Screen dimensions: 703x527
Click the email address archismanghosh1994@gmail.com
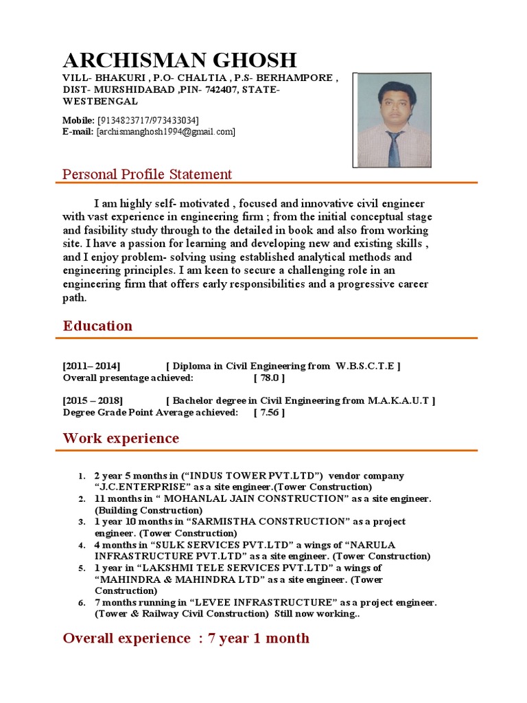click(167, 131)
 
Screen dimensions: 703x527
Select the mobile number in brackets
click(148, 121)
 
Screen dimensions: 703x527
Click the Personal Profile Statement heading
click(147, 174)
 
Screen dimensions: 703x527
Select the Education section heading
click(97, 326)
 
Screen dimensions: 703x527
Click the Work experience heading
click(121, 438)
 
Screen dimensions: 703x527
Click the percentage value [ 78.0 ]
click(269, 378)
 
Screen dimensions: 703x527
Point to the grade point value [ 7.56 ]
click(269, 413)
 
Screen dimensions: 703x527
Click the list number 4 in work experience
click(80, 545)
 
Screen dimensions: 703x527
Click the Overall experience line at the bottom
click(186, 638)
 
